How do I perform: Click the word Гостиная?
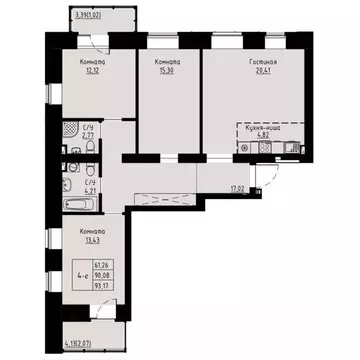[262, 61]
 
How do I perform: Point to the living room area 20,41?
[262, 69]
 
